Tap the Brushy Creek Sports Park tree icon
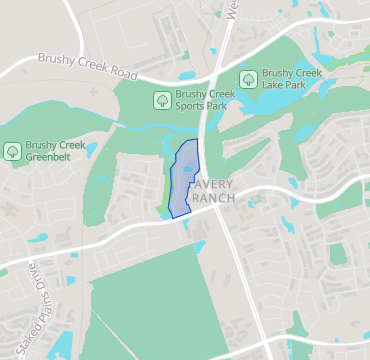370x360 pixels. [x=161, y=99]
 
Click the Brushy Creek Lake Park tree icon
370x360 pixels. [x=247, y=79]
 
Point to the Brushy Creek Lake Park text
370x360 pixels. [x=291, y=79]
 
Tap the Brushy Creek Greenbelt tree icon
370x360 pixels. [x=12, y=151]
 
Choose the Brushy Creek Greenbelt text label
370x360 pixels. [x=56, y=151]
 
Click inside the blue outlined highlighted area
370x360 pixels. [x=183, y=180]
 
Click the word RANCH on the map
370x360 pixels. [x=212, y=198]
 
